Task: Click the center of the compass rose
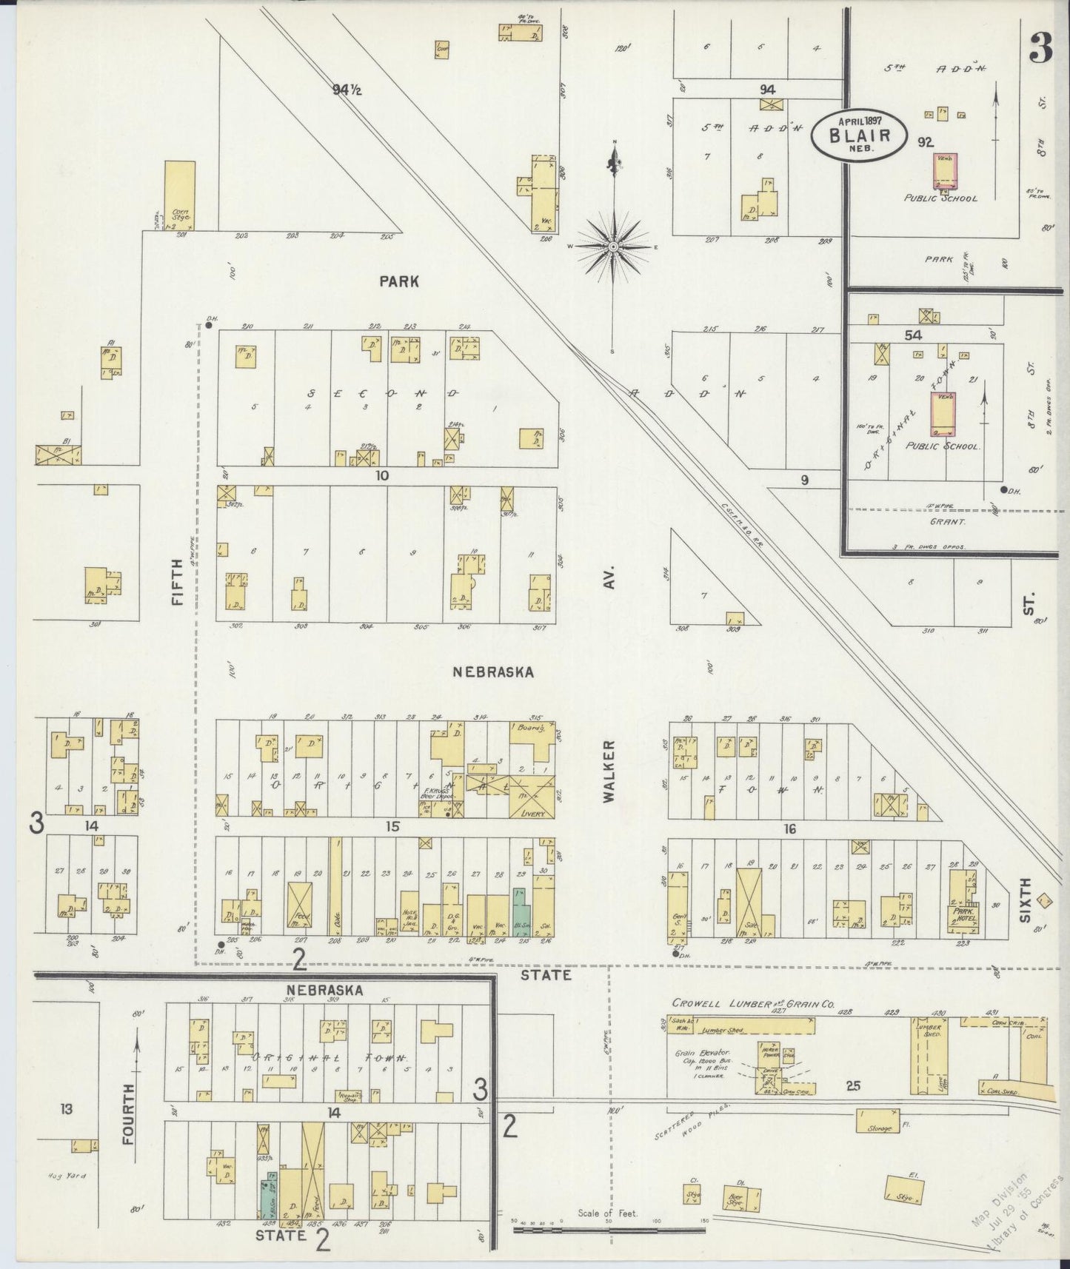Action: click(x=614, y=245)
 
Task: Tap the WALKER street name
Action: click(x=609, y=771)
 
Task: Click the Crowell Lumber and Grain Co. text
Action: click(x=753, y=1004)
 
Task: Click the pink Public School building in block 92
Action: click(x=945, y=170)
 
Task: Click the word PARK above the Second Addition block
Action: click(x=399, y=281)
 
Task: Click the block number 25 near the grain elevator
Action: click(x=852, y=1085)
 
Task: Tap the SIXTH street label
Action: click(x=1026, y=900)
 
